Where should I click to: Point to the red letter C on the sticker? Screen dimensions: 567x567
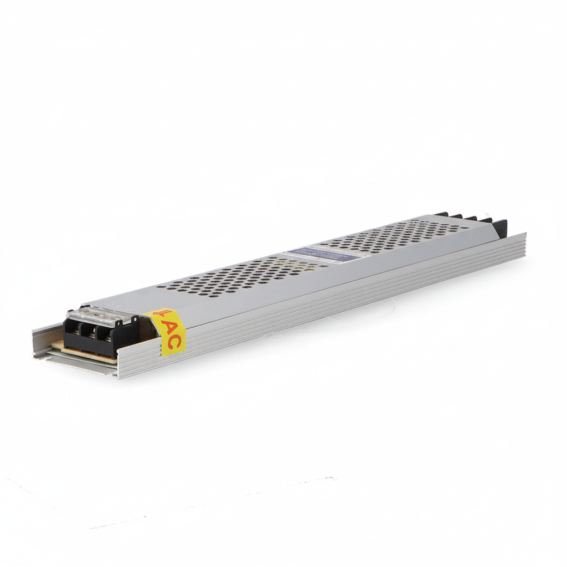point(173,342)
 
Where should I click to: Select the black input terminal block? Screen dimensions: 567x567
point(100,336)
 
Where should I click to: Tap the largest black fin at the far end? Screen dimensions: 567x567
point(499,226)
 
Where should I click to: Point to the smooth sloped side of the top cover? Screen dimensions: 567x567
point(332,277)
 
